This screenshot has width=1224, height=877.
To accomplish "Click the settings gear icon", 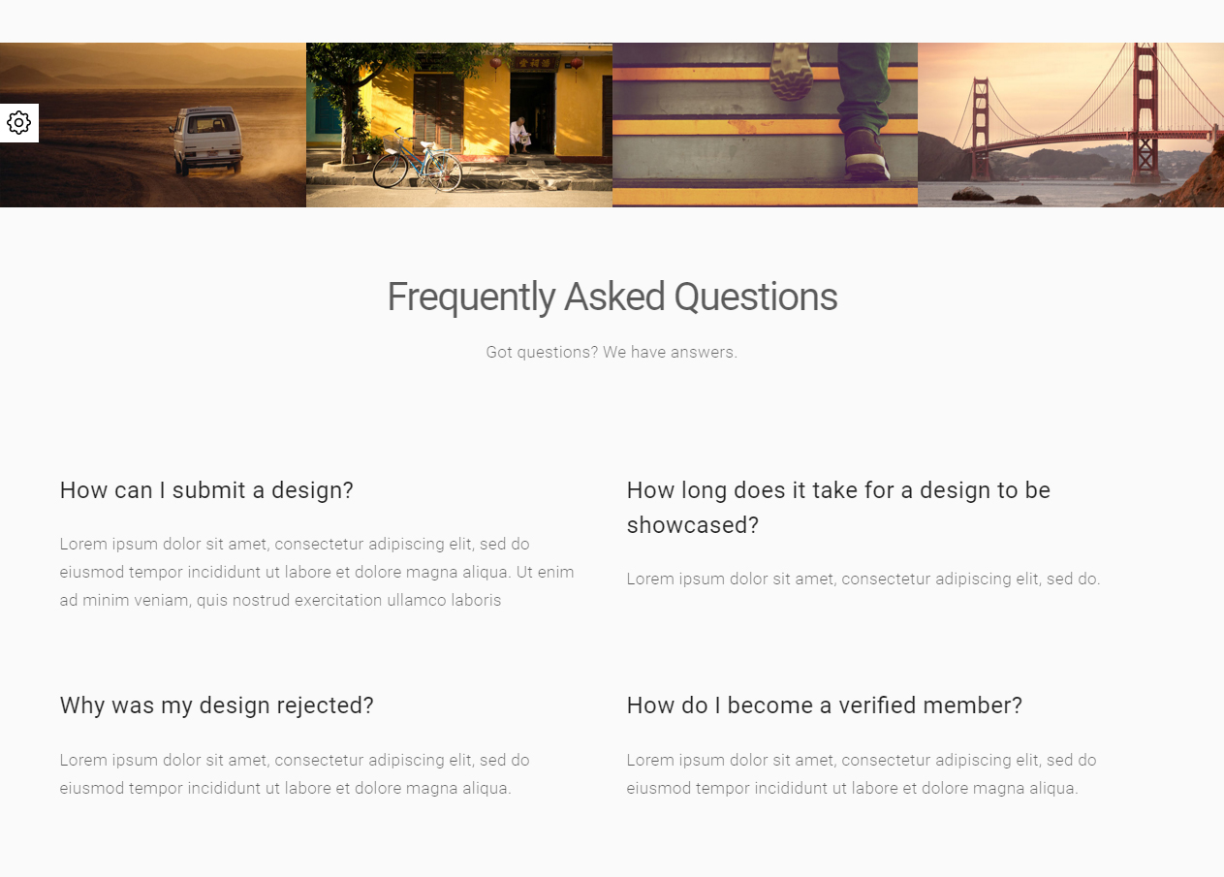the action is (x=19, y=122).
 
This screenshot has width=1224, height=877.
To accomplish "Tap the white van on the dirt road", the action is (x=206, y=140).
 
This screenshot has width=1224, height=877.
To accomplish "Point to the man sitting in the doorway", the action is (x=519, y=135).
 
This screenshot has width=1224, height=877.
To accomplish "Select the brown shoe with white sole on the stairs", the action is (x=866, y=155).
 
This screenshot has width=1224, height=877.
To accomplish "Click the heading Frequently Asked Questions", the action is (x=612, y=298).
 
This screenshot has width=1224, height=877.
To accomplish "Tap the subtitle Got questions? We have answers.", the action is (x=612, y=353).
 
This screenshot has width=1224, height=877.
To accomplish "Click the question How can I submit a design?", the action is (x=206, y=490).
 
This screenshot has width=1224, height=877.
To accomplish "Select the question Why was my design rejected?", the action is (x=217, y=705).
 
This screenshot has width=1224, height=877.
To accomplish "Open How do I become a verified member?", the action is (x=825, y=705).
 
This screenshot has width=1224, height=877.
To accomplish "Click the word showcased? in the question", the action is (x=693, y=525).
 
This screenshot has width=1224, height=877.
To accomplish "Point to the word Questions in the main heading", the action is (x=756, y=298).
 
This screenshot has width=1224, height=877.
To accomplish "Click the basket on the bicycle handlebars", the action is (x=392, y=142).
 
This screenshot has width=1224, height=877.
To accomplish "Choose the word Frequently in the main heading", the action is (x=472, y=298).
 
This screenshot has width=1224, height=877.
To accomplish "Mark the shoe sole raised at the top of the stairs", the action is (x=790, y=72).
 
